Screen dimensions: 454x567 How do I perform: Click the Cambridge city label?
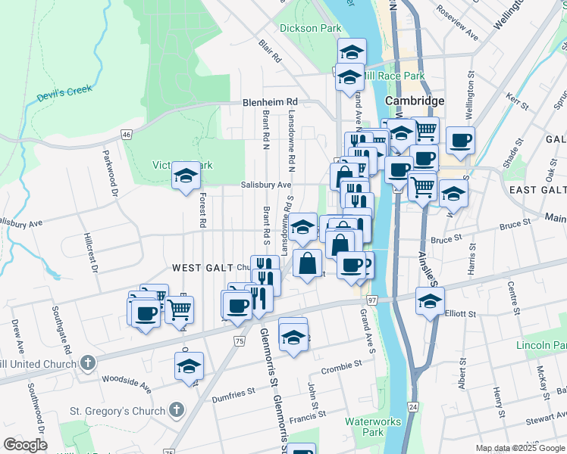click(x=414, y=101)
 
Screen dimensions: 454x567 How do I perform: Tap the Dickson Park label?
click(x=310, y=28)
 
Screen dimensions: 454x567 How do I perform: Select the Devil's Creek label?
click(x=64, y=95)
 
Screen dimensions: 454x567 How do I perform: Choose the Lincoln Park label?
click(x=541, y=345)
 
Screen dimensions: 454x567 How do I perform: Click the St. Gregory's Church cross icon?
click(x=176, y=411)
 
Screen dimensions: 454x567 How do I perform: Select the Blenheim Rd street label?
click(x=270, y=102)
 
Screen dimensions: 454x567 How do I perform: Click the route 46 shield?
click(x=126, y=134)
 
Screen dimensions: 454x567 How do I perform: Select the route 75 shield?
click(x=240, y=341)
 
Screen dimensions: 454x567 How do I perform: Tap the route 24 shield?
click(x=412, y=407)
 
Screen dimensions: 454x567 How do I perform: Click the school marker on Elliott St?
click(x=430, y=301)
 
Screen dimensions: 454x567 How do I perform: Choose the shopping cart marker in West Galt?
click(x=179, y=309)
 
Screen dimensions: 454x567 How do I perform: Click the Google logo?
click(x=25, y=445)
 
